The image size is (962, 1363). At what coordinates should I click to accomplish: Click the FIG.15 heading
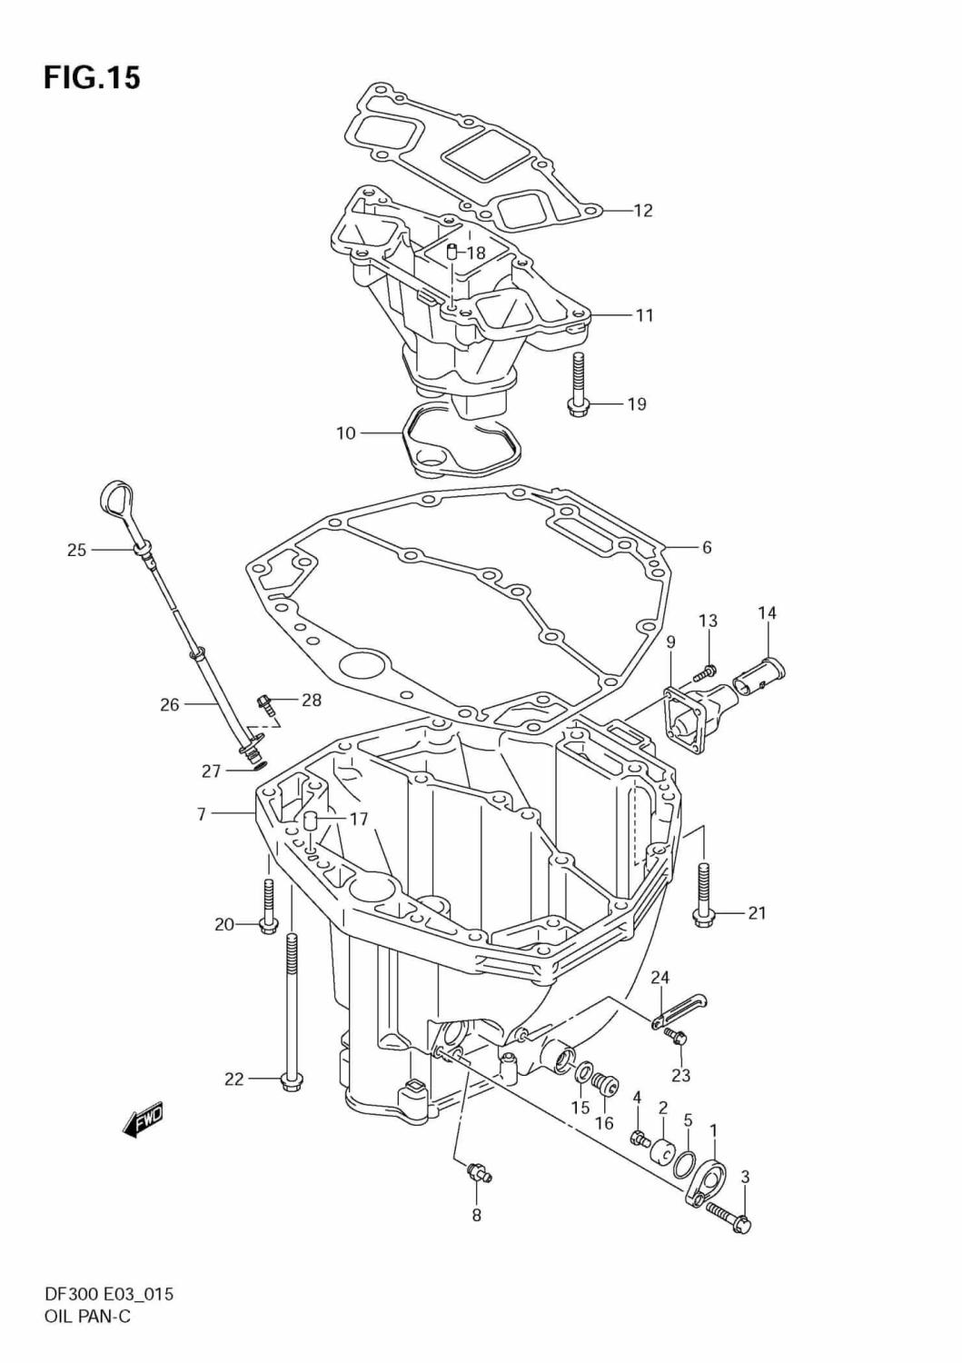pyautogui.click(x=92, y=78)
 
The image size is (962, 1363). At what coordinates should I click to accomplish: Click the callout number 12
pyautogui.click(x=642, y=211)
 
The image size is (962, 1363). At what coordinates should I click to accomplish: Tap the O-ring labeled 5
pyautogui.click(x=689, y=1162)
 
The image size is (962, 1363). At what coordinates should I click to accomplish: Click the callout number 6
pyautogui.click(x=706, y=547)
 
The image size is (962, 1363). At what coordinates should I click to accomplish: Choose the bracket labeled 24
pyautogui.click(x=680, y=1010)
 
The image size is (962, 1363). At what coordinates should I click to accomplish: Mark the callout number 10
pyautogui.click(x=345, y=433)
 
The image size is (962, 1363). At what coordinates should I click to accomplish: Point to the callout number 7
pyautogui.click(x=201, y=814)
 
